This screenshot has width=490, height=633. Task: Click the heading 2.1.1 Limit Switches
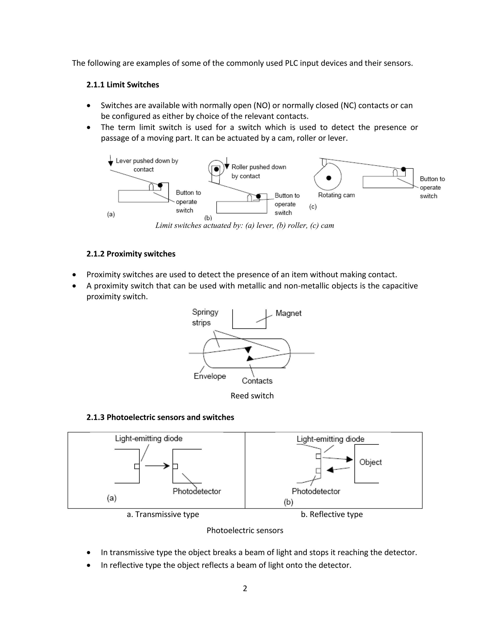click(x=122, y=85)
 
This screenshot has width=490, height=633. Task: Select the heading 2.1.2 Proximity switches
click(x=131, y=254)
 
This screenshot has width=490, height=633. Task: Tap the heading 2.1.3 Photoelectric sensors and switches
click(x=160, y=417)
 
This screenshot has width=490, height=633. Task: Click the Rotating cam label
click(x=336, y=195)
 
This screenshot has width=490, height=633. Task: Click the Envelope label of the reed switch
click(x=210, y=376)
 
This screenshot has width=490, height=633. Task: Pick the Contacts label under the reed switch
click(x=257, y=381)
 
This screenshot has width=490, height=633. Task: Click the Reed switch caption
click(x=252, y=396)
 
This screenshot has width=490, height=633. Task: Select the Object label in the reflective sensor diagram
click(x=370, y=462)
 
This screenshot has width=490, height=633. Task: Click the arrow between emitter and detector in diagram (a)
click(x=157, y=466)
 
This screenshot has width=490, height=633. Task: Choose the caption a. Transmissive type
click(x=163, y=514)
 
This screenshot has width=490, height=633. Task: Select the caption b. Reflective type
click(x=332, y=514)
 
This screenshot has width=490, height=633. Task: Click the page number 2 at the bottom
click(x=245, y=588)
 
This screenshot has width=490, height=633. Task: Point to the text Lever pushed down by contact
click(x=147, y=165)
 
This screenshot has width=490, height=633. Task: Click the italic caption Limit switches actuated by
click(x=245, y=225)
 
